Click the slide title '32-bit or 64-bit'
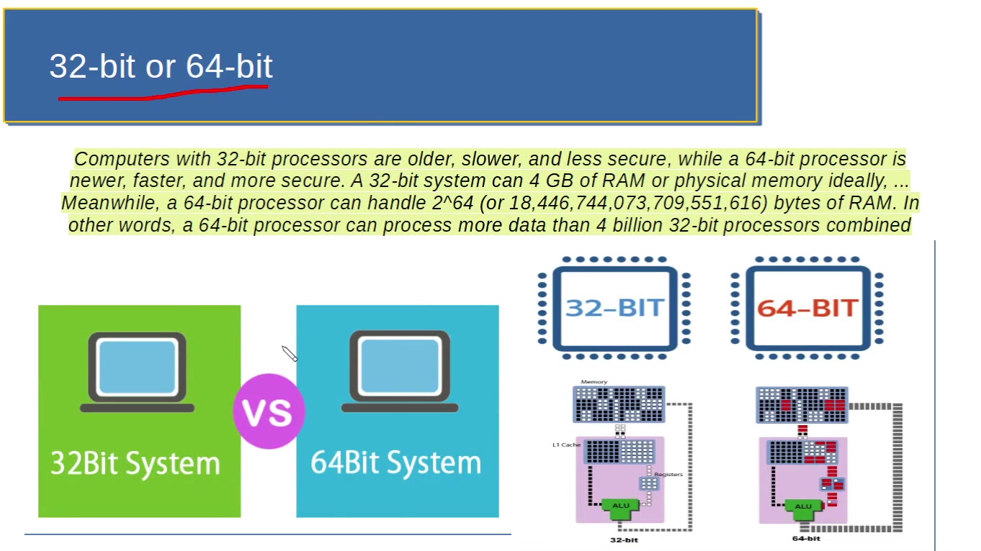coord(161,66)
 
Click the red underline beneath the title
coord(163,93)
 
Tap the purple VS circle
coord(268,411)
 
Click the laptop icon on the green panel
coord(137,371)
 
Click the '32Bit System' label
coord(135,463)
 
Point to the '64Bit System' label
coord(395,463)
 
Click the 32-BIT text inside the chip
coord(614,308)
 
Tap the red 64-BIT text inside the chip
coord(807,308)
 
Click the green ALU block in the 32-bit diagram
coord(620,506)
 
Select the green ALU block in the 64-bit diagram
coord(803,506)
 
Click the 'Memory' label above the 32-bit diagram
coord(593,382)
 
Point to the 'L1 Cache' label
coord(566,445)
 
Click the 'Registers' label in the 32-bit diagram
coord(668,475)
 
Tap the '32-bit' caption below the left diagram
coord(624,539)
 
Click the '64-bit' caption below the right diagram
coord(806,538)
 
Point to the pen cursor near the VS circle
coord(289,353)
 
